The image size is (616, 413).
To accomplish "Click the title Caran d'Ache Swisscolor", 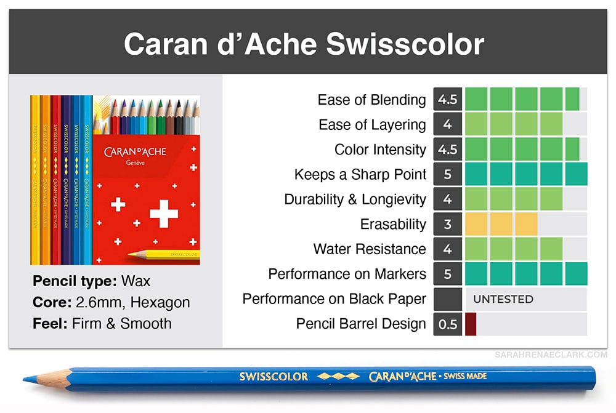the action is [x=304, y=44].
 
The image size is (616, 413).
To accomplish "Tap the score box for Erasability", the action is [x=447, y=224].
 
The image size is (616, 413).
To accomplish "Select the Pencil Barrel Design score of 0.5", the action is [x=447, y=324].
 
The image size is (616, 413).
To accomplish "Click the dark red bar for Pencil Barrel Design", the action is [x=471, y=324].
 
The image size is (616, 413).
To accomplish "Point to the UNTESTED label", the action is [x=503, y=299].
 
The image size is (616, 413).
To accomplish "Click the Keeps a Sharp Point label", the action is [x=360, y=174].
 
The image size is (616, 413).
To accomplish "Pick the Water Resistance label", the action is [x=370, y=249].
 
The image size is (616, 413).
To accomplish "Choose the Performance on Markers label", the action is [x=347, y=274].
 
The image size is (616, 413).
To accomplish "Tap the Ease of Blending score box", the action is [x=447, y=99].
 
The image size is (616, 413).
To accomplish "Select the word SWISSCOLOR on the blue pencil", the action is [x=274, y=377].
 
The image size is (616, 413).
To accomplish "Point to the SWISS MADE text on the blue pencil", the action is [x=466, y=376].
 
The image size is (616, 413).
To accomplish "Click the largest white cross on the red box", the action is [x=164, y=214].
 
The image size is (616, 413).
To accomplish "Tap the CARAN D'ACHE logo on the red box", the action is [x=135, y=152].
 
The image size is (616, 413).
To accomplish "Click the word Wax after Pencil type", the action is [x=136, y=281].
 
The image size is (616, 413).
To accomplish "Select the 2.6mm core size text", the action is [x=100, y=302].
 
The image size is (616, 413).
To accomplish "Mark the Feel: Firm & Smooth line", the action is [x=102, y=324].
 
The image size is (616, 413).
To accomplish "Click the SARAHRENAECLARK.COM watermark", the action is [x=551, y=355].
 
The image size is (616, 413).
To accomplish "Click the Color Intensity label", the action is [x=380, y=150].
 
